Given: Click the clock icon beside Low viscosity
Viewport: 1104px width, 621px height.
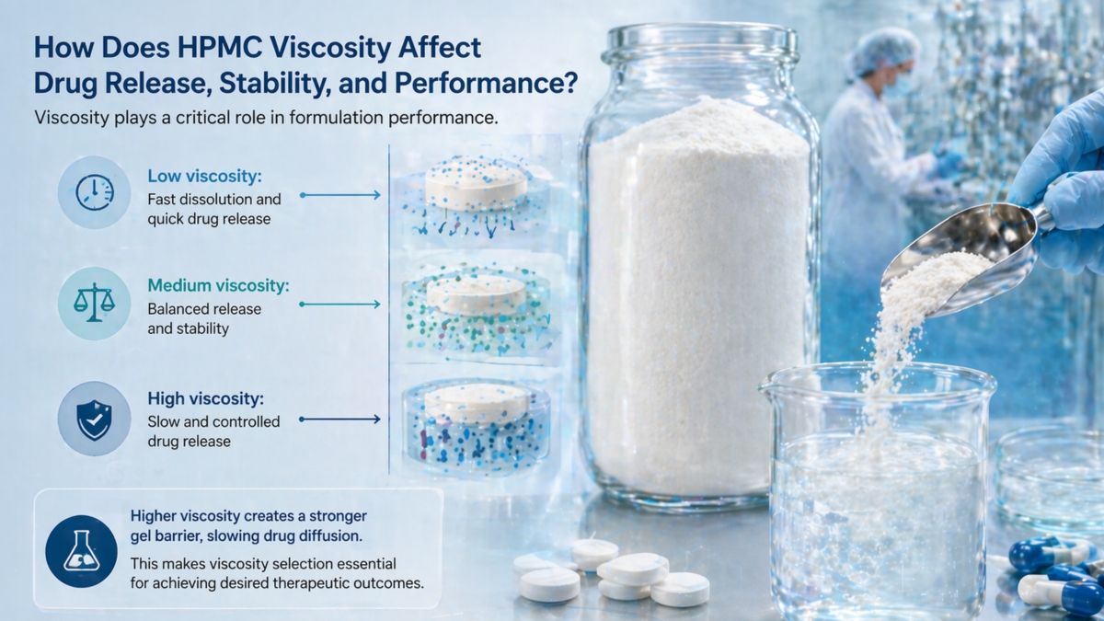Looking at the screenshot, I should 94,191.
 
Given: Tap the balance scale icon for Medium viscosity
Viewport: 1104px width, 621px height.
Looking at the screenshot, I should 94,303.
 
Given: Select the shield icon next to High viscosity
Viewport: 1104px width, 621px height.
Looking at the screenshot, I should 94,419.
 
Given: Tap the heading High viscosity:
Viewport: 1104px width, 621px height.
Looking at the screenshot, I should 206,398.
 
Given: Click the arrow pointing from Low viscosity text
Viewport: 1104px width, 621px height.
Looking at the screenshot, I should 339,195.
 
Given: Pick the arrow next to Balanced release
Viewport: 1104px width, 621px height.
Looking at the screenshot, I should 339,304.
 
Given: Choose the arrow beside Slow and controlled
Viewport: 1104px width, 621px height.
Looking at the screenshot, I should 339,420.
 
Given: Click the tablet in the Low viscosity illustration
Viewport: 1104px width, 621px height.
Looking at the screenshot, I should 476,183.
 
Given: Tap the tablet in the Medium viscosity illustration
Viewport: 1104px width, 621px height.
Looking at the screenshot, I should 476,294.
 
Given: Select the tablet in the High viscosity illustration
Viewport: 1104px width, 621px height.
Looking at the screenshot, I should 476,403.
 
